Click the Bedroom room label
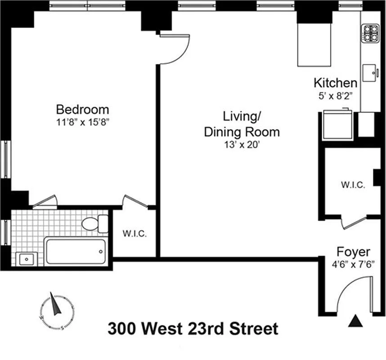(82, 110)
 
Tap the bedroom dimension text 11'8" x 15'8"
(82, 122)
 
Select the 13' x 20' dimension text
(242, 145)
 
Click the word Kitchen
(335, 83)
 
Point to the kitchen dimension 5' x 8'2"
(336, 96)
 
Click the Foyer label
(353, 252)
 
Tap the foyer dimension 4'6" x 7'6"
(353, 265)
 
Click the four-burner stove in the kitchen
(370, 33)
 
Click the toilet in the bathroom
(95, 224)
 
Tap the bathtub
(76, 252)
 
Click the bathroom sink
(27, 259)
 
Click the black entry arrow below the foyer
(355, 321)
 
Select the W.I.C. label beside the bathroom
(135, 234)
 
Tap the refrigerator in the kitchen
(337, 125)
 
